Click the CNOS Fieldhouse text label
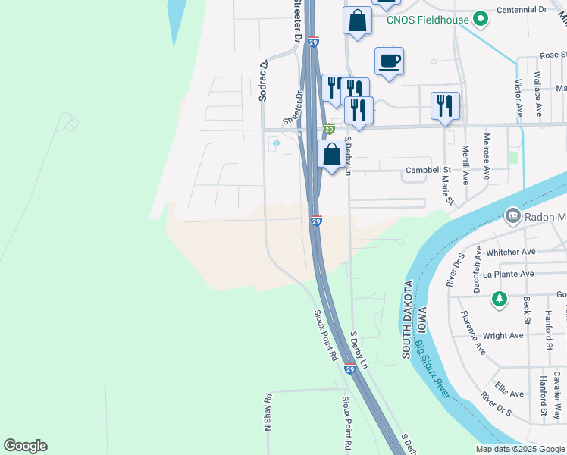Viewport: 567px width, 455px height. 427,20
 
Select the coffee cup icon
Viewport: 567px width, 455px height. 389,61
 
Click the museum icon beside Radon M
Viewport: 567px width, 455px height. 512,218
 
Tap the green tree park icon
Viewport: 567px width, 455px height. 499,299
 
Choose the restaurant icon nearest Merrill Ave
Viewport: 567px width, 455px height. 445,105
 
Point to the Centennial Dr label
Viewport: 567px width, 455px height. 522,10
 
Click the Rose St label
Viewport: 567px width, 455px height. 553,55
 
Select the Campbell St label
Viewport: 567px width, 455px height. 428,171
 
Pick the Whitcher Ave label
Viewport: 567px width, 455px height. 512,252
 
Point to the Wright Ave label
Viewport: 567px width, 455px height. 503,335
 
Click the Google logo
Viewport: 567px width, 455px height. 25,446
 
